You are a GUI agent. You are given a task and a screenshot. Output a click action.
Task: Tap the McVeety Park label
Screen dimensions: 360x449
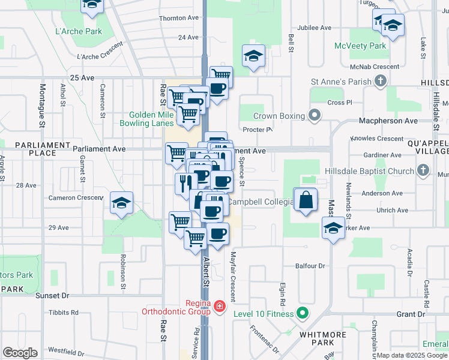coord(377,46)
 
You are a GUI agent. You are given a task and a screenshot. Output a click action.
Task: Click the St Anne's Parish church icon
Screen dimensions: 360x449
coord(380,80)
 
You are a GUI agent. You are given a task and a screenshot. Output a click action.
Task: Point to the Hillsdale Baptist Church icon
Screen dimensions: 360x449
coord(423,171)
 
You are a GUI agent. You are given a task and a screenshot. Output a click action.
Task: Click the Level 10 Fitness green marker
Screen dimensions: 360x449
coord(303,313)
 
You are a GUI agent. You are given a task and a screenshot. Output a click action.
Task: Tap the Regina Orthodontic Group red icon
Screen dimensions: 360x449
coord(220,307)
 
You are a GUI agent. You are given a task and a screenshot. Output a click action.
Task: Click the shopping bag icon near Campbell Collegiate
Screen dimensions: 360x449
coord(306,200)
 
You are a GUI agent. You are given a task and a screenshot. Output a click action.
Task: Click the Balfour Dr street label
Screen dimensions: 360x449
coord(310,266)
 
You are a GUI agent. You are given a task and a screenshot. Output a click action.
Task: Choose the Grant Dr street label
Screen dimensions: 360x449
coord(410,314)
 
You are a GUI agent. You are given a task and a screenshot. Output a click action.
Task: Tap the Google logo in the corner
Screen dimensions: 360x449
coord(20,353)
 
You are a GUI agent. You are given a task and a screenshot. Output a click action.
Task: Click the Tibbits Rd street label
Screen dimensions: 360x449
coord(64,313)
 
